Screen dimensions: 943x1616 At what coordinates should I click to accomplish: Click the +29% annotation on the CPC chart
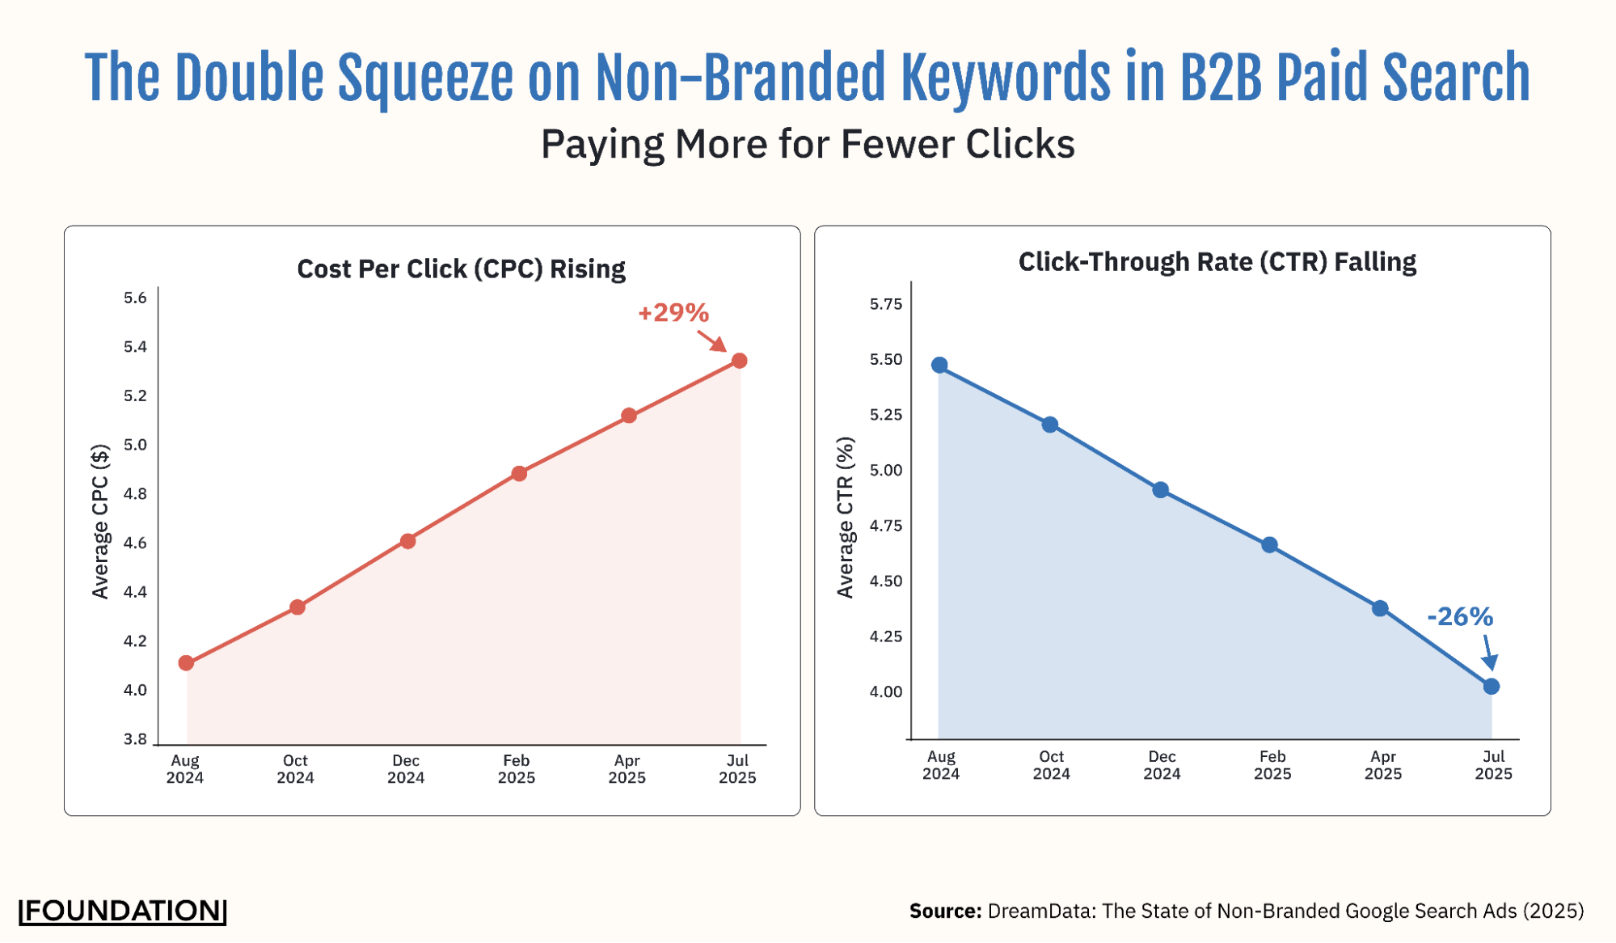[x=673, y=313]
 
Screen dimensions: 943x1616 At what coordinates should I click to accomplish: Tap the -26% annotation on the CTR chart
[x=1459, y=617]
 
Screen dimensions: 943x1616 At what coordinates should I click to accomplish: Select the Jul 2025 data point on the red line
[x=739, y=361]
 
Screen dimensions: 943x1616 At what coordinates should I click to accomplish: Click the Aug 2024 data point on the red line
[x=186, y=663]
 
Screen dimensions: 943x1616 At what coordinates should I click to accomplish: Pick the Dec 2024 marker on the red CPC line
[x=407, y=541]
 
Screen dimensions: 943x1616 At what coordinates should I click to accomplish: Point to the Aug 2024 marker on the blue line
[x=939, y=366]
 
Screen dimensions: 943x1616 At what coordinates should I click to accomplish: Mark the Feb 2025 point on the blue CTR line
[x=1269, y=545]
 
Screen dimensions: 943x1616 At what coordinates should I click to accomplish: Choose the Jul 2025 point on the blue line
[x=1492, y=687]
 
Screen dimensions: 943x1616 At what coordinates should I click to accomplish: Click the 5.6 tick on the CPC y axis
[x=135, y=298]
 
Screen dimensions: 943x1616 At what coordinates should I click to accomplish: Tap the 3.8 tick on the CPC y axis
[x=135, y=739]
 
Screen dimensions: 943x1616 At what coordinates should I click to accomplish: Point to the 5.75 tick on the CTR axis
[x=885, y=304]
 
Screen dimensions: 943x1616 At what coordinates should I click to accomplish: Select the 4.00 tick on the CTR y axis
[x=885, y=692]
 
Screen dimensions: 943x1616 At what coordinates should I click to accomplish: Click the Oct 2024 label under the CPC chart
[x=295, y=769]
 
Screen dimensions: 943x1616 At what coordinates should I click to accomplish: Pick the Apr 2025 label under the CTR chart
[x=1382, y=765]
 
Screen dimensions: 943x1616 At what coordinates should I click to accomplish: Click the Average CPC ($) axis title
[x=100, y=522]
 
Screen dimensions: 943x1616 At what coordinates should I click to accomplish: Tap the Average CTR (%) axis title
[x=845, y=518]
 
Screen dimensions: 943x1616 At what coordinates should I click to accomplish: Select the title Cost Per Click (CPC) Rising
[x=461, y=269]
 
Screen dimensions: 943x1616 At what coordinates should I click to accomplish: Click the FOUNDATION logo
[x=122, y=911]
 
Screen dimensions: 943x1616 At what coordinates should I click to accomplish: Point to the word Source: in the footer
[x=944, y=911]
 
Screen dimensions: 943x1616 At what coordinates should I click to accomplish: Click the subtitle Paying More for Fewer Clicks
[x=807, y=145]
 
